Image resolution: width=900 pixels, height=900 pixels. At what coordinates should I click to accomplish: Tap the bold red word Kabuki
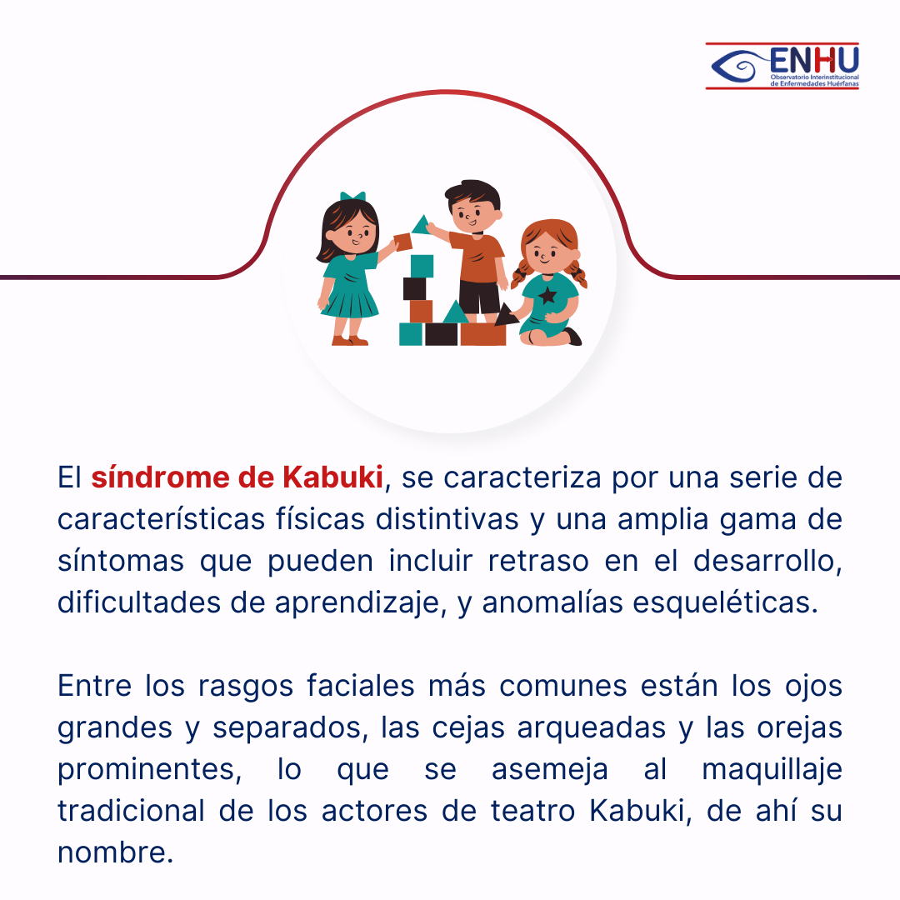332,477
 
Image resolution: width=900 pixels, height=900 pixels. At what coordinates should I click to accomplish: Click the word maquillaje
772,770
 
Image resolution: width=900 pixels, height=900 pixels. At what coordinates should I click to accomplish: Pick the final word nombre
115,852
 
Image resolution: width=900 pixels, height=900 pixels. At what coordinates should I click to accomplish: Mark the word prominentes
149,770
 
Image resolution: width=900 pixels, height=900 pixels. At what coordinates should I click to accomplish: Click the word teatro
533,811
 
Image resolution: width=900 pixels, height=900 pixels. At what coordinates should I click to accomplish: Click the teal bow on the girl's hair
352,197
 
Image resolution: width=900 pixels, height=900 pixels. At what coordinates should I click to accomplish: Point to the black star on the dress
547,295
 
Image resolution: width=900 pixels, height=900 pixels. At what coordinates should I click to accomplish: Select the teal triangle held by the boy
422,225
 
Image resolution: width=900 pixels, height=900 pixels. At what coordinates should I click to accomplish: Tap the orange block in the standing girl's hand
403,242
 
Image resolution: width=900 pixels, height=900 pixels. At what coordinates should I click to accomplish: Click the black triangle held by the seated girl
505,314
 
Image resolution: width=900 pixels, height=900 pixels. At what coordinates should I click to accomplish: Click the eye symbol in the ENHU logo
738,66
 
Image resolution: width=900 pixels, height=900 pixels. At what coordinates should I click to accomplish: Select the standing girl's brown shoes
349,340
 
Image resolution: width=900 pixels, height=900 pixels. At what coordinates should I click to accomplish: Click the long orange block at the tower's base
482,335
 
